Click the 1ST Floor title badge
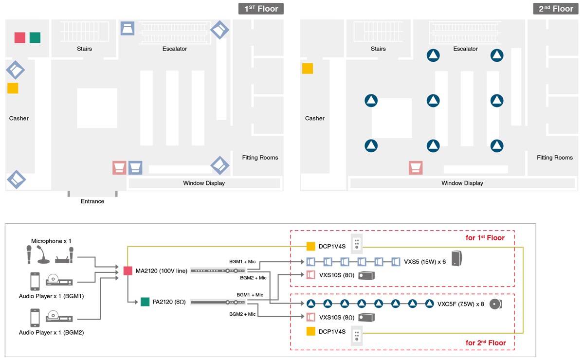pyautogui.click(x=261, y=9)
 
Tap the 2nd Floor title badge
pyautogui.click(x=556, y=9)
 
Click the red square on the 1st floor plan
pyautogui.click(x=19, y=37)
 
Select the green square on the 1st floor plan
pyautogui.click(x=35, y=37)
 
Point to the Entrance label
pyautogui.click(x=92, y=201)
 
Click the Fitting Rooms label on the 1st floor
pyautogui.click(x=260, y=158)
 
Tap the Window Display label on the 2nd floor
pyautogui.click(x=462, y=183)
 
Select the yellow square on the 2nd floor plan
pyautogui.click(x=308, y=69)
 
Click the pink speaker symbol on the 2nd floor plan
pyautogui.click(x=415, y=168)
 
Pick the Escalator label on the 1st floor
pyautogui.click(x=175, y=49)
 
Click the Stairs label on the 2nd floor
pyautogui.click(x=378, y=49)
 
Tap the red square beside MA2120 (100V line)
pyautogui.click(x=128, y=270)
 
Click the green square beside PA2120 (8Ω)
pyautogui.click(x=145, y=302)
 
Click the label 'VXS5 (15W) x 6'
pyautogui.click(x=425, y=262)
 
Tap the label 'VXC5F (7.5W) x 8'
pyautogui.click(x=460, y=304)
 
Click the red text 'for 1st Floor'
pyautogui.click(x=485, y=238)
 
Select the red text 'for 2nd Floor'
pyautogui.click(x=486, y=343)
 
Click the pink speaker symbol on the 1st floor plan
pyautogui.click(x=119, y=168)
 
